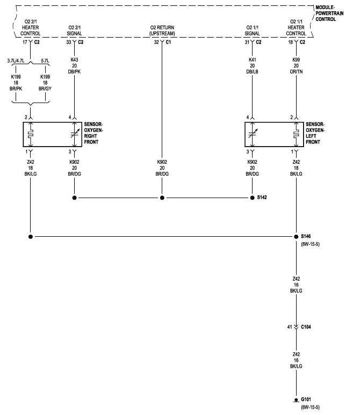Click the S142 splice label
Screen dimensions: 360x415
click(x=262, y=198)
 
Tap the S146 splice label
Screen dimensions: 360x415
click(x=306, y=236)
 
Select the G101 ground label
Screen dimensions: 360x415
click(x=306, y=399)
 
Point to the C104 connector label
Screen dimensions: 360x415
click(x=306, y=327)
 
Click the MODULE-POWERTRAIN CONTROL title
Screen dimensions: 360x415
click(x=329, y=13)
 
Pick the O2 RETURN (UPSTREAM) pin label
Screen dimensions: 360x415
click(x=162, y=31)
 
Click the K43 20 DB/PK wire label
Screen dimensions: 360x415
click(x=74, y=65)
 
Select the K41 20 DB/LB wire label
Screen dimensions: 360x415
click(x=252, y=65)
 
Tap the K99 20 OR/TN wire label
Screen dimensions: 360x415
click(x=296, y=65)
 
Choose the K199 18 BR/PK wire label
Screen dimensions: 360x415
click(x=16, y=83)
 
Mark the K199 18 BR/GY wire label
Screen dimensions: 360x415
click(x=45, y=83)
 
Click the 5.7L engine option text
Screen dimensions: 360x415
click(x=45, y=61)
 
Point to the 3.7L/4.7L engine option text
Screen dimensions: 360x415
click(x=16, y=61)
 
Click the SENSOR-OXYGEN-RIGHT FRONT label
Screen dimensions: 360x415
click(x=93, y=133)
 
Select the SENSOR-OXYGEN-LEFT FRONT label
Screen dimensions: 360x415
click(x=315, y=133)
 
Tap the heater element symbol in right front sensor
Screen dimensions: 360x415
click(x=31, y=134)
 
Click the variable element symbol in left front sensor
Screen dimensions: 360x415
click(x=253, y=134)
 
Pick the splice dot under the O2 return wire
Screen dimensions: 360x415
click(x=162, y=198)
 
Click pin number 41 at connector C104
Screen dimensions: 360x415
click(x=290, y=327)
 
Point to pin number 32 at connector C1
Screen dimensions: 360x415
click(x=156, y=42)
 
